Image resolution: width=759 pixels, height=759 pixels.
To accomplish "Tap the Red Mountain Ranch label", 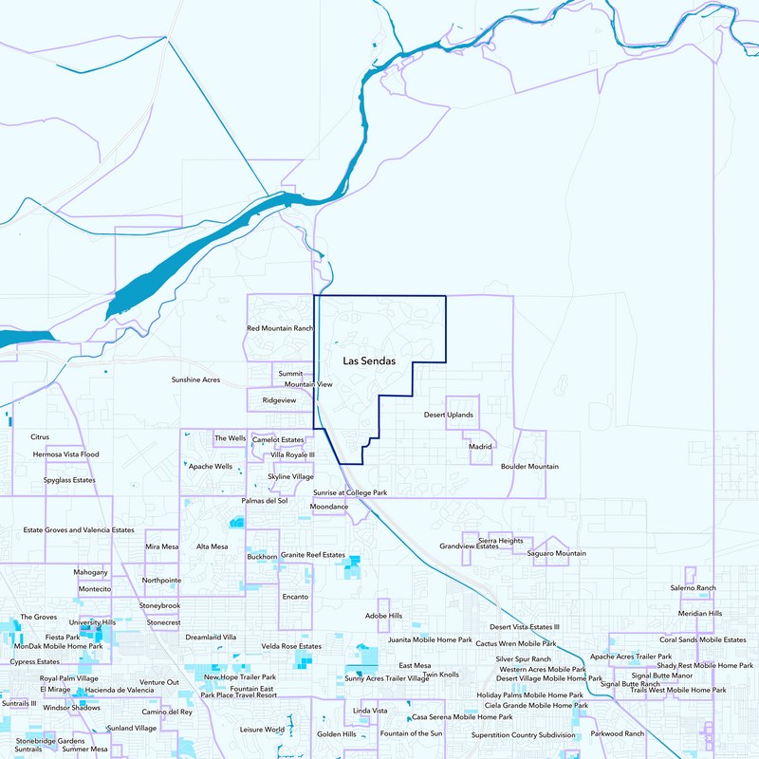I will pyautogui.click(x=280, y=328).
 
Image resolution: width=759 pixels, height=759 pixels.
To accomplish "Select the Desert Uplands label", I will pyautogui.click(x=448, y=415).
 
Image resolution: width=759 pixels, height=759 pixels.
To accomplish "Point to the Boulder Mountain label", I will pyautogui.click(x=529, y=467).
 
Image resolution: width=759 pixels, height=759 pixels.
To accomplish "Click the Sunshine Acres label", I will pyautogui.click(x=195, y=379).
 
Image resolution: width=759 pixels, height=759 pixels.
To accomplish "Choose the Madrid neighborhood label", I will pyautogui.click(x=481, y=446).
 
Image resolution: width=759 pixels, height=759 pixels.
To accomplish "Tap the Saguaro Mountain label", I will pyautogui.click(x=557, y=553).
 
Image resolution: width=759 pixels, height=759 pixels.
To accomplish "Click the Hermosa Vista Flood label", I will pyautogui.click(x=65, y=454).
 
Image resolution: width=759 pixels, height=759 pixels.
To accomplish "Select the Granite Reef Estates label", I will pyautogui.click(x=313, y=554).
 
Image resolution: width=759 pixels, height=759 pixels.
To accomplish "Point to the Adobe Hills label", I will pyautogui.click(x=383, y=616).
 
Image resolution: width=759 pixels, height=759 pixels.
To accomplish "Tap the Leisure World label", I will pyautogui.click(x=262, y=729).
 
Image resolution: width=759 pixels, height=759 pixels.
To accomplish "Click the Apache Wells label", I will pyautogui.click(x=211, y=467).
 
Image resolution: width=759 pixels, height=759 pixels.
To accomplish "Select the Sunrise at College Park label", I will pyautogui.click(x=350, y=493).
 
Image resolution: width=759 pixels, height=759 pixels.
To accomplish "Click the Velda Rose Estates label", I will pyautogui.click(x=291, y=646).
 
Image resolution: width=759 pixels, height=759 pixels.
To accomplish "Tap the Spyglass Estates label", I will pyautogui.click(x=69, y=480).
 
